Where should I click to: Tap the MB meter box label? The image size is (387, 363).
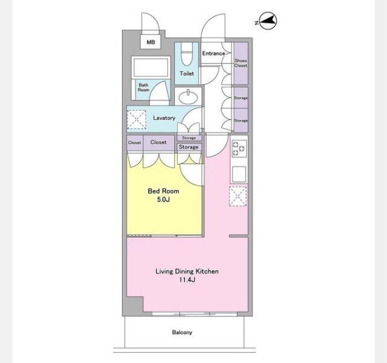[151, 42]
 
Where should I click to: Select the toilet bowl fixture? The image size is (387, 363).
[187, 54]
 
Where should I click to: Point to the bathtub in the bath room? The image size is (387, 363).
[151, 67]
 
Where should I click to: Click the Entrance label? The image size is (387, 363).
[213, 53]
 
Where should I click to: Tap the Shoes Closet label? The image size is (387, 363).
[241, 63]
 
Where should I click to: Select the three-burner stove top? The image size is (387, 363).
[239, 148]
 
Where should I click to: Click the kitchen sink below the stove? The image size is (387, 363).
[239, 174]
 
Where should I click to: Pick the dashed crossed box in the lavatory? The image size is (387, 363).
[136, 120]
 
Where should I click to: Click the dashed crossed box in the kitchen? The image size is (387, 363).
[238, 196]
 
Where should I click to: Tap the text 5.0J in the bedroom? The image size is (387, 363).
[163, 200]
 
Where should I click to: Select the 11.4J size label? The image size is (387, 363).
[187, 280]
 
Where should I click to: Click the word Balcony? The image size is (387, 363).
[182, 332]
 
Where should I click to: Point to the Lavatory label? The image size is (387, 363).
[164, 118]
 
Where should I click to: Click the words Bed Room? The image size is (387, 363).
[163, 191]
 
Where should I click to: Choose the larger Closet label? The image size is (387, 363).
[158, 142]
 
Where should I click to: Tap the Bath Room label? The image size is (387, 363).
[143, 87]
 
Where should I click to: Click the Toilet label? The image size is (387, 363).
[187, 73]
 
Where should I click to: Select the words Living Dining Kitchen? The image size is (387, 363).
[187, 272]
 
